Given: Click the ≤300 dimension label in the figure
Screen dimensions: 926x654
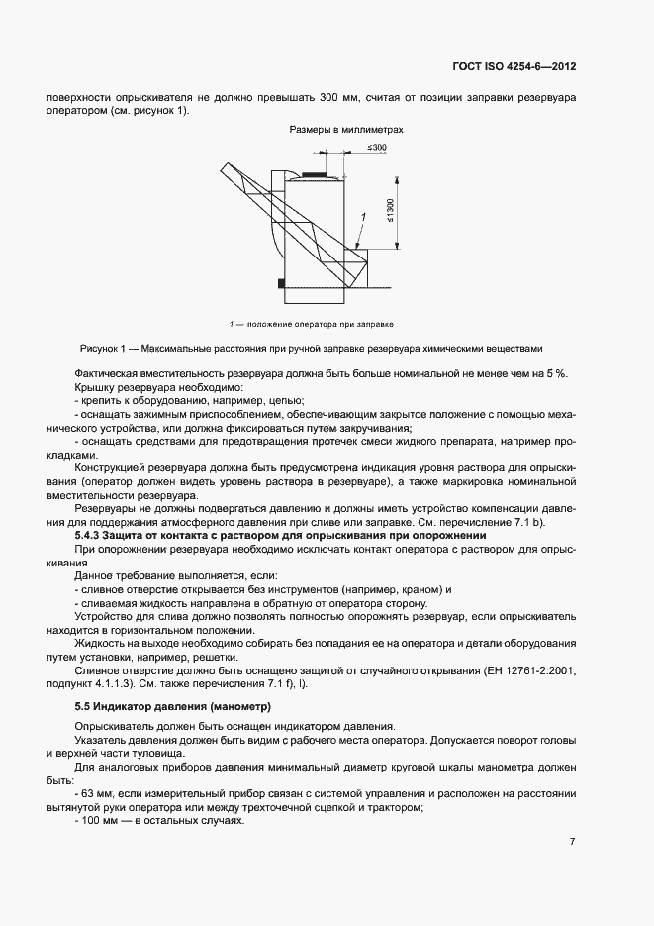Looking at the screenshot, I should click(377, 147).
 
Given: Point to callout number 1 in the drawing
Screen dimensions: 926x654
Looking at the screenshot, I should click(363, 216).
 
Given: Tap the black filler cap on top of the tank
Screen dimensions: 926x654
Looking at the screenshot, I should click(319, 175).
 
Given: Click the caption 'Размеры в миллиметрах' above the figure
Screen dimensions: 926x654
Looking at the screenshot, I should click(346, 130).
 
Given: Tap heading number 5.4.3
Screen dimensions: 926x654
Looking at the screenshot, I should click(93, 535).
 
